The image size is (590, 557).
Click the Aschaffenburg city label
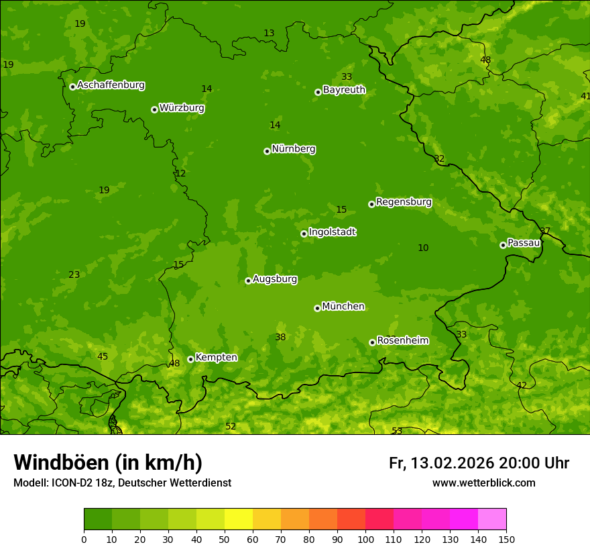click(x=111, y=85)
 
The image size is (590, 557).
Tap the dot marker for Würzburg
click(x=154, y=109)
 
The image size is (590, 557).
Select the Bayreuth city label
click(x=344, y=89)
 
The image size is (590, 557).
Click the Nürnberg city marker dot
click(x=267, y=151)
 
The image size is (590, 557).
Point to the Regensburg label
click(x=404, y=202)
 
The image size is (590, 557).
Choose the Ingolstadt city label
click(x=332, y=232)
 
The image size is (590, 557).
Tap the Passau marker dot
click(x=503, y=245)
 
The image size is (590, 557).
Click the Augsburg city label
click(x=275, y=279)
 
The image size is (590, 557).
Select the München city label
click(x=343, y=307)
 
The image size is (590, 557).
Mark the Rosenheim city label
click(x=402, y=341)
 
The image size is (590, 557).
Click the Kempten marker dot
click(x=190, y=359)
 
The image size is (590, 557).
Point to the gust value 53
click(x=397, y=431)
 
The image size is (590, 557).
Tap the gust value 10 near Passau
click(x=423, y=248)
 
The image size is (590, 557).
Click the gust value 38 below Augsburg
click(x=280, y=338)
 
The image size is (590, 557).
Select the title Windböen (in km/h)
click(x=108, y=462)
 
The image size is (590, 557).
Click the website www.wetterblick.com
click(x=483, y=483)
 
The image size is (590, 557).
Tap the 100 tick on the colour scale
click(x=365, y=539)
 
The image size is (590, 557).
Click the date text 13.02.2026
click(x=452, y=463)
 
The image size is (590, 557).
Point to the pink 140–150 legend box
click(x=492, y=519)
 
